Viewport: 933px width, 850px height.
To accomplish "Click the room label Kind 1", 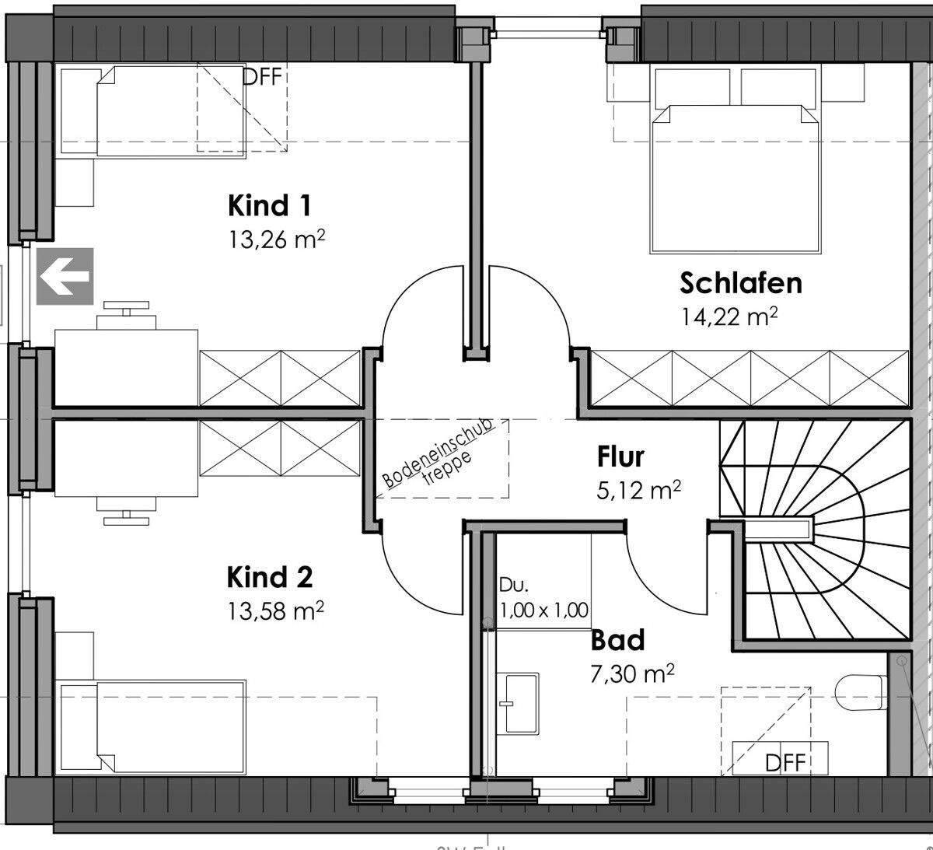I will tap(269, 206).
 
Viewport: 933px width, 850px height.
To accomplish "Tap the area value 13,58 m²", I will tap(275, 611).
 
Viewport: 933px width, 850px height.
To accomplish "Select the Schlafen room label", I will tap(740, 283).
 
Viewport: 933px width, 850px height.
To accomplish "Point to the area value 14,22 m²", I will tap(729, 317).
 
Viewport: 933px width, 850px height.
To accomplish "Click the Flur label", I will tap(620, 456).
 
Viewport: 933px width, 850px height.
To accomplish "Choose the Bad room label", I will tap(617, 640).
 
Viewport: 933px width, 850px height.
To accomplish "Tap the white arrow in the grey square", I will tap(65, 276).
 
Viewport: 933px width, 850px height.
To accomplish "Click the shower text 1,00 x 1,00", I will tap(543, 610).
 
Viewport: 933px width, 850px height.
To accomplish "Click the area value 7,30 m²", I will tap(631, 673).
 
